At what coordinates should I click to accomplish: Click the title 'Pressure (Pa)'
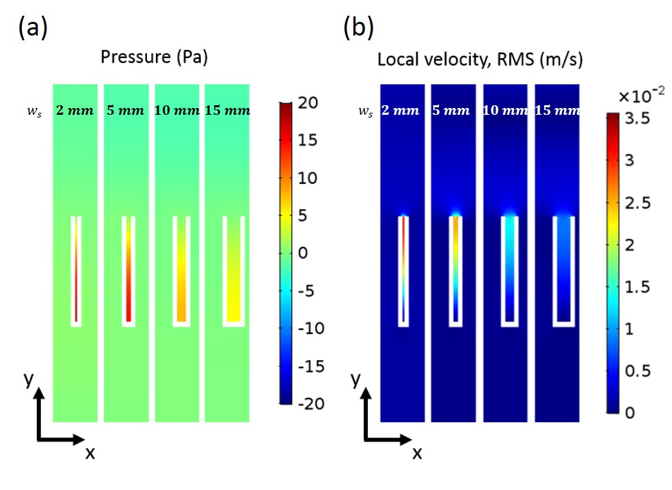154,57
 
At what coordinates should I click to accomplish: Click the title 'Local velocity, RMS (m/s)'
480,60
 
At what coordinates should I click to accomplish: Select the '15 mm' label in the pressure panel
228,111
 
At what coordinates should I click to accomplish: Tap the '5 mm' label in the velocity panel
452,111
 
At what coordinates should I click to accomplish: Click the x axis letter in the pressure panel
90,452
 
